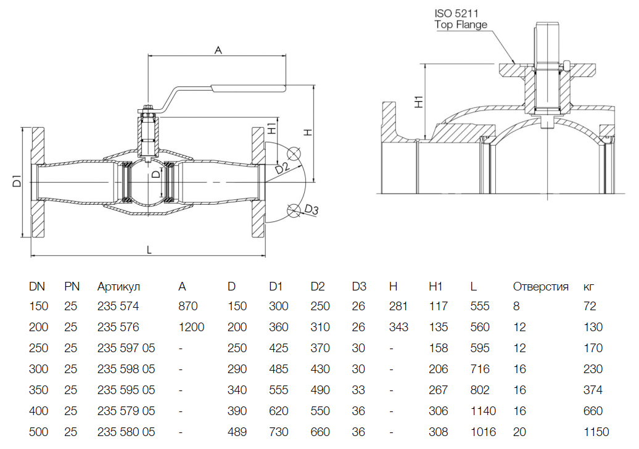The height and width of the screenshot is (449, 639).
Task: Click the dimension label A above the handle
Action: tap(218, 51)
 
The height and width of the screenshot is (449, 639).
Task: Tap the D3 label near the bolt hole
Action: tap(311, 211)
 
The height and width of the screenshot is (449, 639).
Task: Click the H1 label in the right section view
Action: tap(419, 102)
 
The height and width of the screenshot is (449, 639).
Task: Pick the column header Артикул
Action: tap(119, 286)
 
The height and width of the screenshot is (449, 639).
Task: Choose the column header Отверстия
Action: tap(540, 286)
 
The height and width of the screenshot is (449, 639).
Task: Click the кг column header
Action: tap(589, 286)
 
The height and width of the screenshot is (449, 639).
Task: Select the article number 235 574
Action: tap(118, 307)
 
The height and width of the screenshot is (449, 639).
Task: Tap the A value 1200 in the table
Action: tap(191, 327)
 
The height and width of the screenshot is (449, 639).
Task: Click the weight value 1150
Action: tap(596, 432)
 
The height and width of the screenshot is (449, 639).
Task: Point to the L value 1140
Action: tap(483, 411)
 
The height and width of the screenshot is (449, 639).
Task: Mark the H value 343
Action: tap(399, 327)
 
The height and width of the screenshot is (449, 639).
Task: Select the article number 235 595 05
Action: tap(126, 390)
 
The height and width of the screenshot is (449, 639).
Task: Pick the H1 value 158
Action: tap(439, 348)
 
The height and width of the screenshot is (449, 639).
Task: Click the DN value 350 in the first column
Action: tap(38, 390)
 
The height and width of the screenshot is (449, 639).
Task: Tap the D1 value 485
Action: tap(279, 369)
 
